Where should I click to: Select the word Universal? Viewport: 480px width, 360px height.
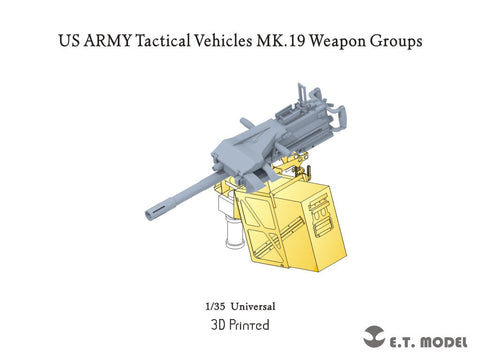coord(254,305)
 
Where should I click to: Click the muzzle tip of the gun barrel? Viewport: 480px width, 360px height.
coord(152,211)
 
